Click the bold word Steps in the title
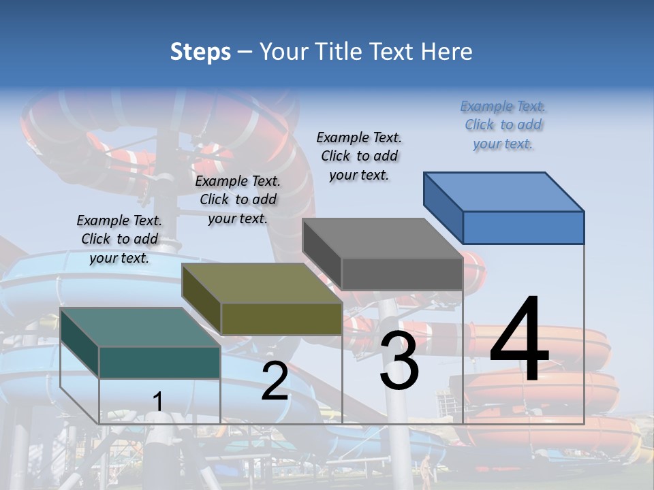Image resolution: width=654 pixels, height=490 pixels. pos(200,52)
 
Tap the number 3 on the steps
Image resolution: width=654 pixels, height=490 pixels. pos(399,361)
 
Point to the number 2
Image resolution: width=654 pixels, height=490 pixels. pos(275,381)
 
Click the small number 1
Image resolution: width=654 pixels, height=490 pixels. pos(158,402)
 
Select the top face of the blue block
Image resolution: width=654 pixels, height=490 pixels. pos(504,191)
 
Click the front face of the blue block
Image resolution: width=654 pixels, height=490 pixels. pos(523,227)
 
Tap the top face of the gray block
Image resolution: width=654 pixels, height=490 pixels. pos(382,238)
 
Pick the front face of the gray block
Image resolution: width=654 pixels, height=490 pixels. pos(402,274)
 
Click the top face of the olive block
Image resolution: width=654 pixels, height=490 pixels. pos(262,283)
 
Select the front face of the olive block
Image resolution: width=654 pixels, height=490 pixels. pos(281,318)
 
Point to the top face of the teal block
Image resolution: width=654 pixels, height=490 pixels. pos(140,327)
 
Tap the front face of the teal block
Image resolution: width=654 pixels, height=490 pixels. pos(159,362)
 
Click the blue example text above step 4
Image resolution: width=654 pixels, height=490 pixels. pos(503,125)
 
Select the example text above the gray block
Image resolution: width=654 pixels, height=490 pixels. pos(359,156)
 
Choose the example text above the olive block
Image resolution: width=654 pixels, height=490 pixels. pos(238,199)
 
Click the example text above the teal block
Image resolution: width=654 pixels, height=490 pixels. pos(119,239)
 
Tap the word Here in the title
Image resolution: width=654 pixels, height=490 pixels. pos(447,52)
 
